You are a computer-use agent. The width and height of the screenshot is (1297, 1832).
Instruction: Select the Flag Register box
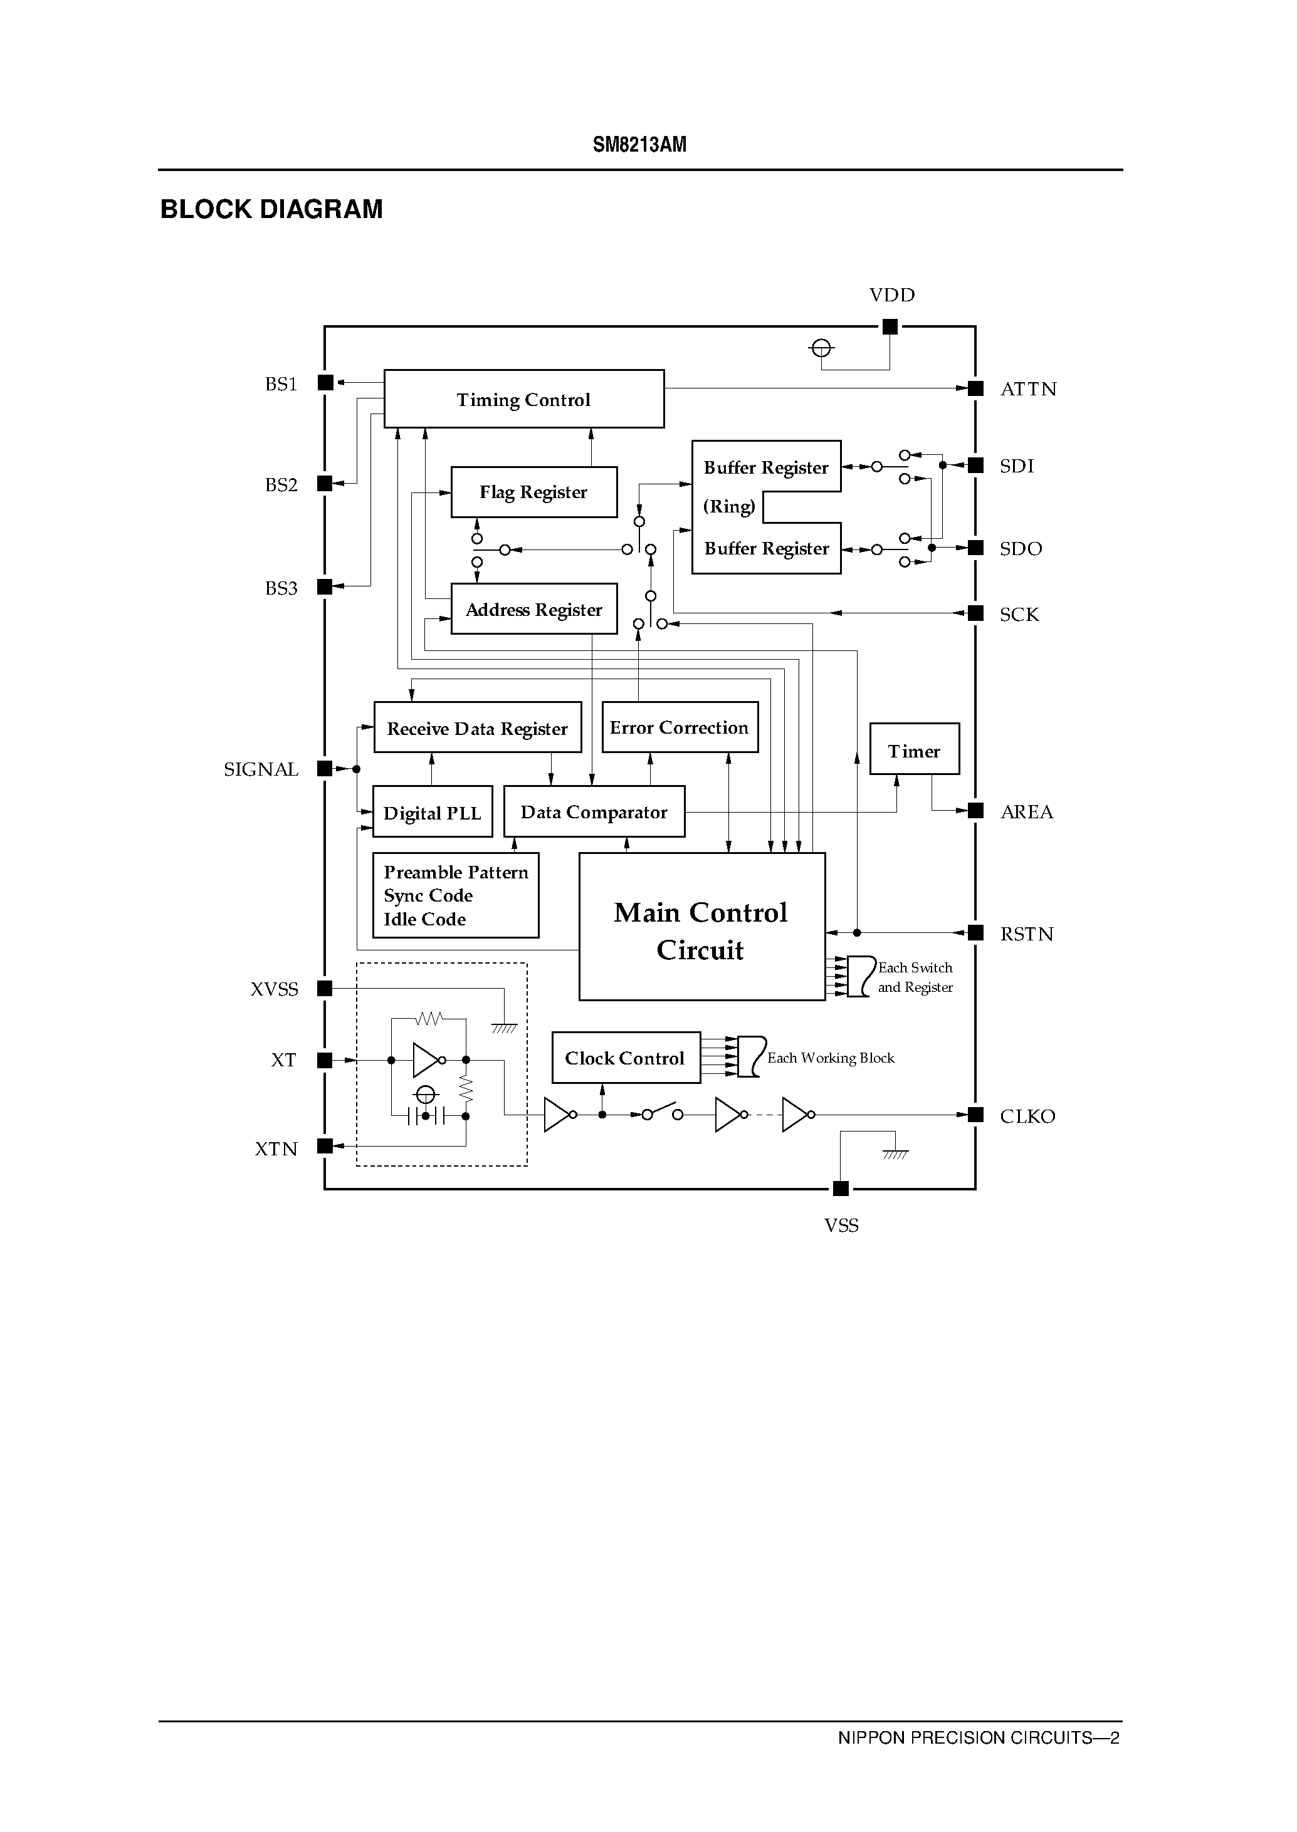(x=533, y=492)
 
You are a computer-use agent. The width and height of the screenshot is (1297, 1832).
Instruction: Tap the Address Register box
(x=533, y=609)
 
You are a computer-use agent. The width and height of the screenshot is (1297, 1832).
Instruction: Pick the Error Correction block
(x=679, y=727)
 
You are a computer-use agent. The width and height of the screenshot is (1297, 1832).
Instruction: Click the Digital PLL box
(x=432, y=812)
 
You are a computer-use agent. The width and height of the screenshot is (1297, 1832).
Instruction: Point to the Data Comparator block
(x=594, y=812)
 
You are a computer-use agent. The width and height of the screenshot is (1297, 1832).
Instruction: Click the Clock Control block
(x=626, y=1058)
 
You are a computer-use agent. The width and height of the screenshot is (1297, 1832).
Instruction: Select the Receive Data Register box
(x=477, y=727)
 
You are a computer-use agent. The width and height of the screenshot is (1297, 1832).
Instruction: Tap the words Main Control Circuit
(x=700, y=930)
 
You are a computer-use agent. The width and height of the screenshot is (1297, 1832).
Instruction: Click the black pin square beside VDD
(x=890, y=326)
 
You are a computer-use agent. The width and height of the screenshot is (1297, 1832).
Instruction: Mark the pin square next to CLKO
(x=975, y=1115)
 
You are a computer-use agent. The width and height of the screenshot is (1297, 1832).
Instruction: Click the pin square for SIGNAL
(x=324, y=769)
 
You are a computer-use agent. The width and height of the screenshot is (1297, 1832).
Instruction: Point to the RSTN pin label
(x=1026, y=934)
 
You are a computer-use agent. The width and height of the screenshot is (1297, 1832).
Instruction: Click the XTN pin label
(x=276, y=1148)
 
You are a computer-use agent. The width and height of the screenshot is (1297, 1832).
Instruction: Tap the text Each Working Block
(x=831, y=1058)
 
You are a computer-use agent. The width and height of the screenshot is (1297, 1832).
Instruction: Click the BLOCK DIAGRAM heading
(x=271, y=209)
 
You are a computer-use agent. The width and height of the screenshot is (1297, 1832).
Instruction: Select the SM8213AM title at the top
(x=639, y=145)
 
